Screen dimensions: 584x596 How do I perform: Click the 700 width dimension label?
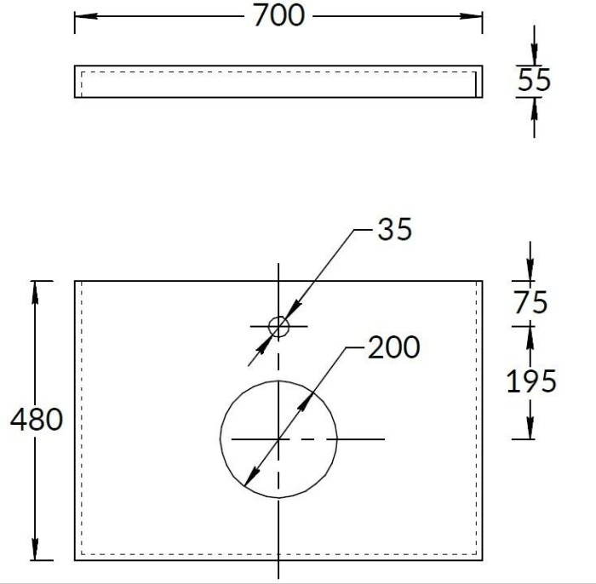coord(278,15)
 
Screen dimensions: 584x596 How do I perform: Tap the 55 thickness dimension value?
coord(534,81)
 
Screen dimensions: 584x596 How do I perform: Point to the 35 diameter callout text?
coord(393,229)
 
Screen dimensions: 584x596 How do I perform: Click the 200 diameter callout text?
coord(393,347)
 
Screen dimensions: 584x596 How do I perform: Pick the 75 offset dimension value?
coord(530,302)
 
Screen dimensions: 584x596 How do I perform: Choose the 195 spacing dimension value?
coord(531,381)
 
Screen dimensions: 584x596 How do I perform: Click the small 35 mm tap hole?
coord(278,325)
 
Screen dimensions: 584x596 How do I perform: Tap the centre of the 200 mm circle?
coord(278,438)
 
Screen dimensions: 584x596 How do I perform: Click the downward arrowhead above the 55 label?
coord(533,56)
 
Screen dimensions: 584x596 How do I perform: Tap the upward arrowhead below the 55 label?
coord(533,106)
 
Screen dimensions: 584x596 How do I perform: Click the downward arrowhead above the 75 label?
coord(530,271)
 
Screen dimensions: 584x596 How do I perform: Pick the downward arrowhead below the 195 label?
coord(530,429)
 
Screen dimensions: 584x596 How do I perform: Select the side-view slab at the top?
coord(278,82)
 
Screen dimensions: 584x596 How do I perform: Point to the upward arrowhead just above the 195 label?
coord(530,335)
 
